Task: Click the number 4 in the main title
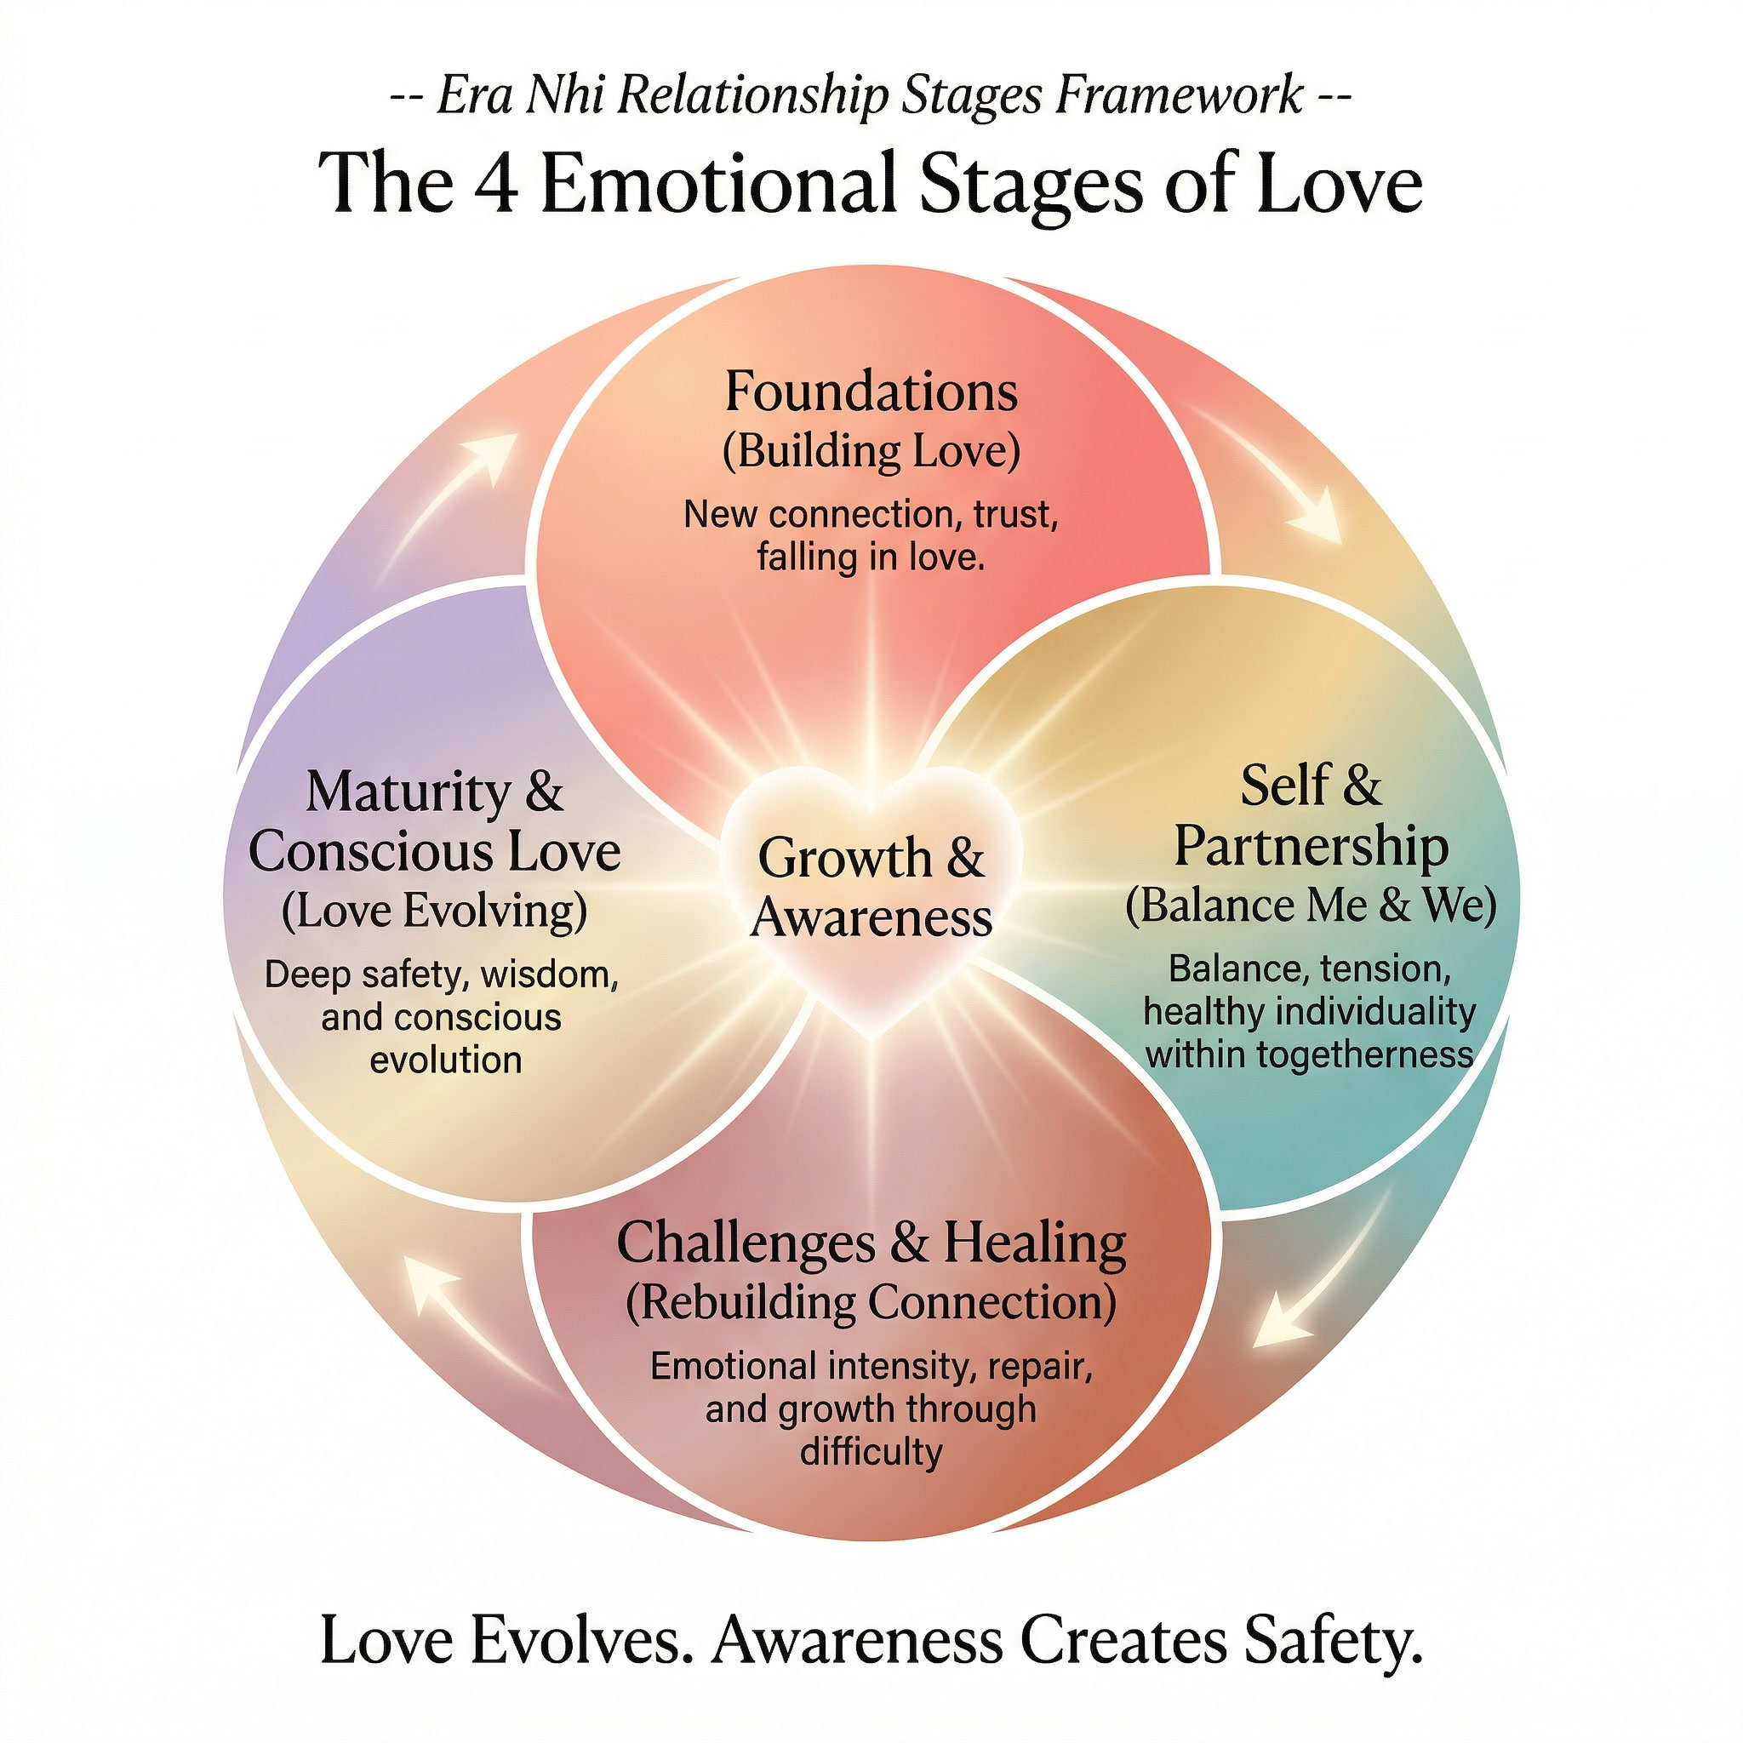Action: pyautogui.click(x=494, y=183)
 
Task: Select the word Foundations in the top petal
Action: pyautogui.click(x=871, y=392)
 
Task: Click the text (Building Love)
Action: pyautogui.click(x=871, y=451)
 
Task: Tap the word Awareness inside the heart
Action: pyautogui.click(x=871, y=917)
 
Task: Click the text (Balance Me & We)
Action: pyautogui.click(x=1310, y=905)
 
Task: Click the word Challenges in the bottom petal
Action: pyautogui.click(x=746, y=1243)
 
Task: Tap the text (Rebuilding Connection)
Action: pyautogui.click(x=871, y=1303)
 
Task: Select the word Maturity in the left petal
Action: pyautogui.click(x=409, y=792)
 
